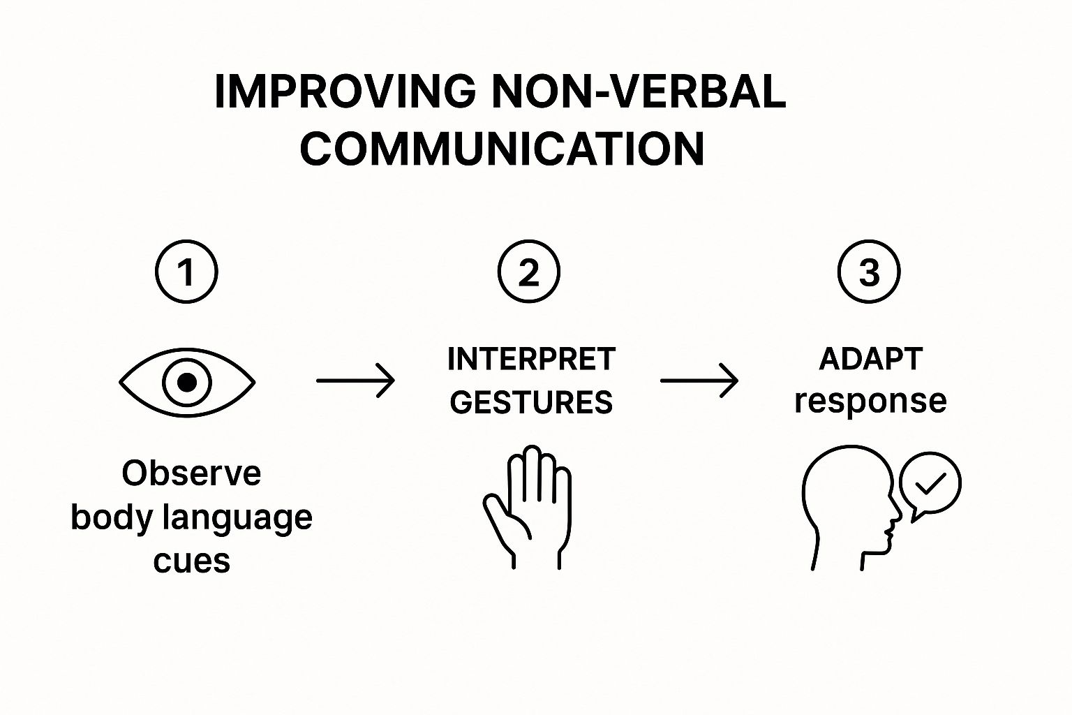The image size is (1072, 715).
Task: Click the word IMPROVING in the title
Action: (x=345, y=91)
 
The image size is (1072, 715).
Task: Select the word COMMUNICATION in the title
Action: (x=502, y=148)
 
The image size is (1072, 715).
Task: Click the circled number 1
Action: (x=186, y=272)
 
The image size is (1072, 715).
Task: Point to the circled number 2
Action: (x=529, y=272)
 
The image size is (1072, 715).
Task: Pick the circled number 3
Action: (x=869, y=272)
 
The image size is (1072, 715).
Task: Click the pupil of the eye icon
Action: (x=186, y=382)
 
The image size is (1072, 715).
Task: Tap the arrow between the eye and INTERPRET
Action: (x=355, y=381)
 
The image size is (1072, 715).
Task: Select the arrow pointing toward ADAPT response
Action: (x=699, y=381)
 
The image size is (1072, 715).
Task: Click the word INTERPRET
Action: (x=531, y=360)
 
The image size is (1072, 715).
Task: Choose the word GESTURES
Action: (x=531, y=403)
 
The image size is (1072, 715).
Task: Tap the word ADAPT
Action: (x=870, y=359)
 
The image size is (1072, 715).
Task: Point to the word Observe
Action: (x=191, y=473)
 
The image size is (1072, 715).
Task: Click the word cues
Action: (x=191, y=561)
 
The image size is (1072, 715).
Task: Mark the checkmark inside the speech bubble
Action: (x=930, y=482)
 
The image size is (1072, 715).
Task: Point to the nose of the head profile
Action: (x=898, y=517)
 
